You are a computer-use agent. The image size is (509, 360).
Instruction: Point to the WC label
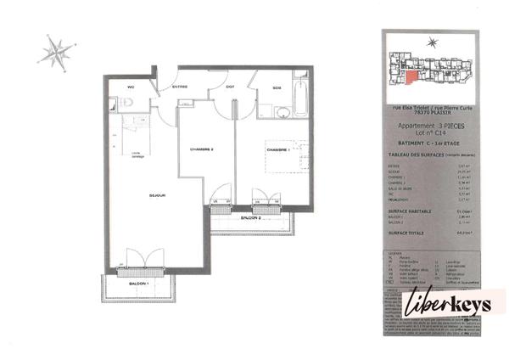[x=131, y=87]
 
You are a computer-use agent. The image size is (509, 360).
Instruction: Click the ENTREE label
[x=180, y=87]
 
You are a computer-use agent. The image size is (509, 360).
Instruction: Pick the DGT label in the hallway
[x=231, y=87]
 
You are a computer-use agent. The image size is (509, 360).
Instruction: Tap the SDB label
[x=277, y=88]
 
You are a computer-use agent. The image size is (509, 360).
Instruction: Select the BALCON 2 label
[x=250, y=218]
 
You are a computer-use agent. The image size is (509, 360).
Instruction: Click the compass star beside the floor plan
[x=56, y=53]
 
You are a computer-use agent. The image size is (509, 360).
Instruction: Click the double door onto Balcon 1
[x=137, y=258]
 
